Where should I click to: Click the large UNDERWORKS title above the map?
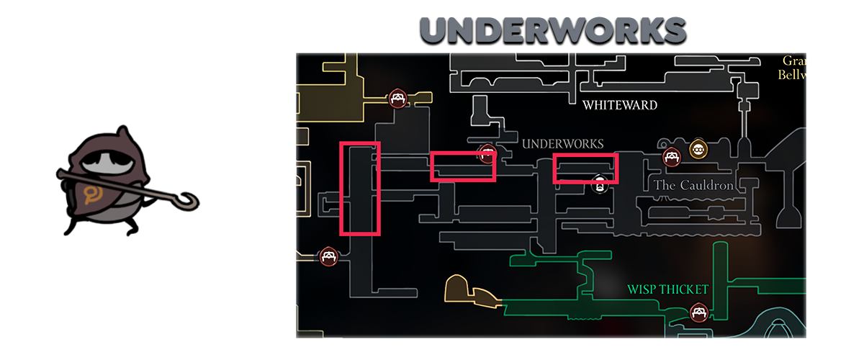tap(552, 31)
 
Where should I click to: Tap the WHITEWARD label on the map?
tap(620, 105)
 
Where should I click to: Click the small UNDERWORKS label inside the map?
tap(562, 144)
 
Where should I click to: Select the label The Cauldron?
tap(693, 186)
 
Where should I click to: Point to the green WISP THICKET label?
tap(668, 289)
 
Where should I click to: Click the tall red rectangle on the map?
tap(359, 189)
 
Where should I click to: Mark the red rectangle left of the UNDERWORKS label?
tap(463, 166)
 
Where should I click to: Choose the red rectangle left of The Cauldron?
tap(585, 168)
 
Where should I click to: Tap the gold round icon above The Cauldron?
tap(697, 149)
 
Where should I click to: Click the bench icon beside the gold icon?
tap(671, 156)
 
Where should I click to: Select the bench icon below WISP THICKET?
tap(697, 312)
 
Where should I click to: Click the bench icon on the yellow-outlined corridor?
tap(397, 99)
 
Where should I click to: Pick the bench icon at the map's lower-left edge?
tap(329, 256)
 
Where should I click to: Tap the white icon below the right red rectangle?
tap(598, 185)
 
